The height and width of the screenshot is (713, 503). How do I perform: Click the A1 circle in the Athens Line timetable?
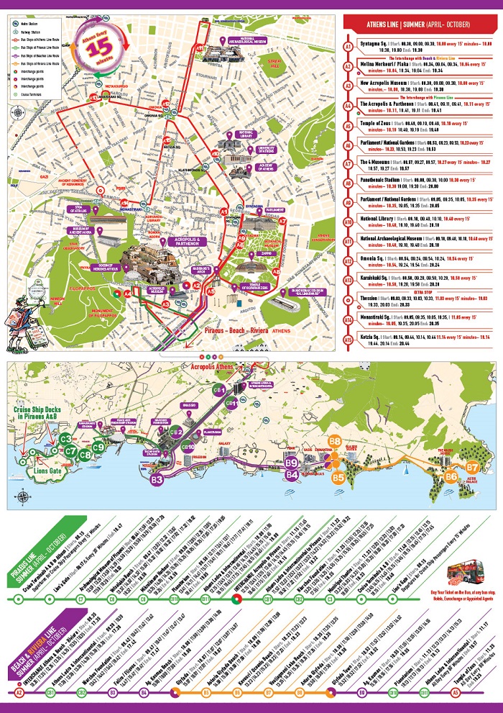348,45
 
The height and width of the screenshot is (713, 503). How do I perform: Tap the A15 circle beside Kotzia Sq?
348,339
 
